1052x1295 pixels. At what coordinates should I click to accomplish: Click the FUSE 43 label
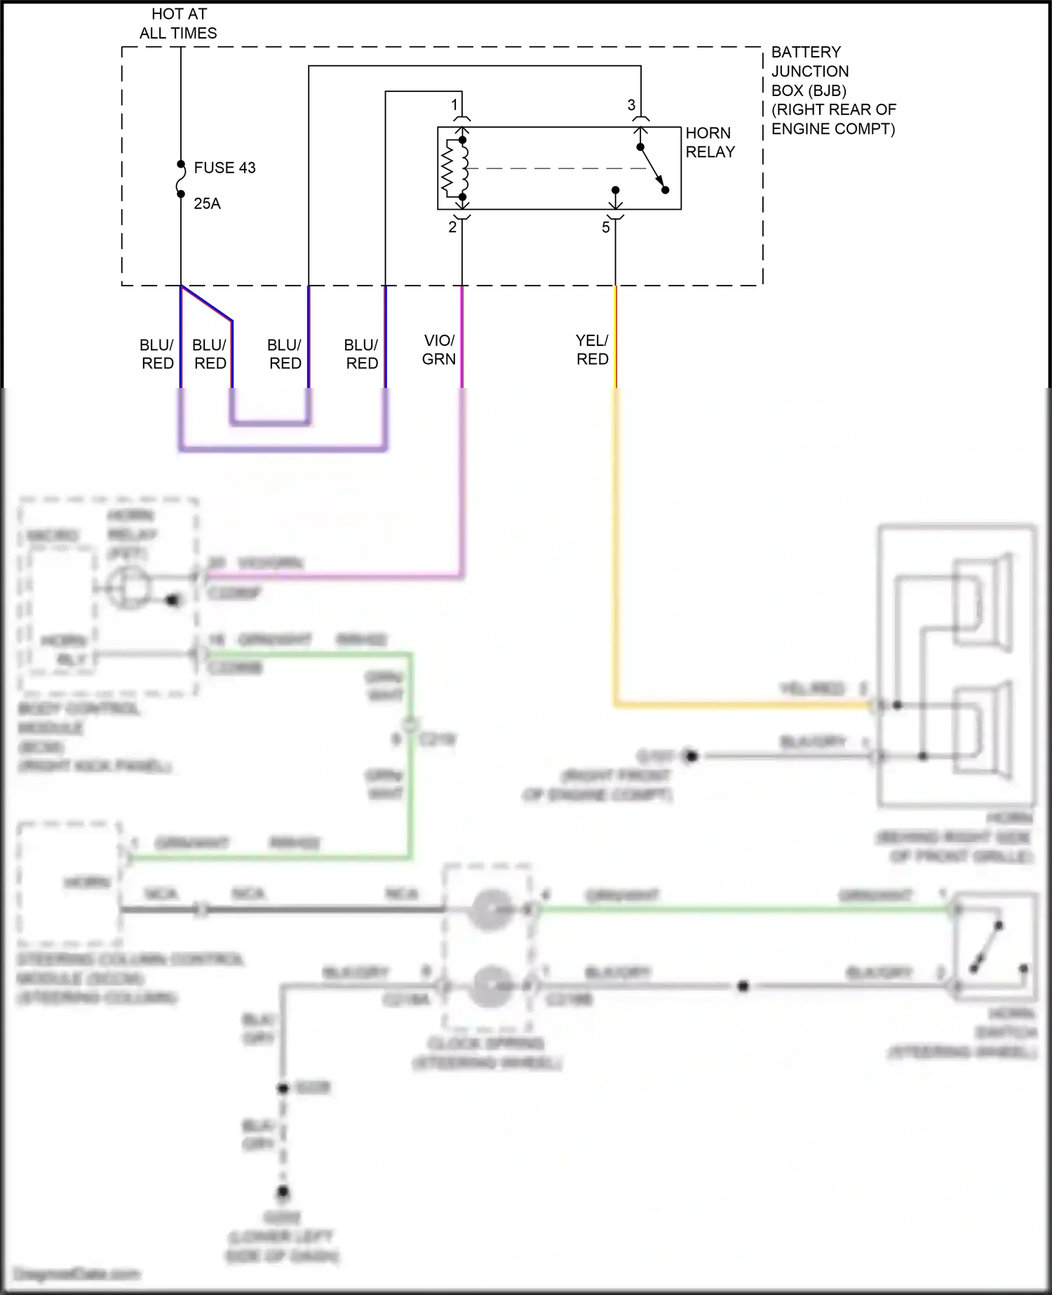point(224,168)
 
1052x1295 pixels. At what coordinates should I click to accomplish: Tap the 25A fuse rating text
point(207,203)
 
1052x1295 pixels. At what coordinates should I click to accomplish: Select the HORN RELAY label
point(710,142)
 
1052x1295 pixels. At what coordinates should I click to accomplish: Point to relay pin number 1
point(454,105)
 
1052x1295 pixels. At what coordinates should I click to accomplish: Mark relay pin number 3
point(631,105)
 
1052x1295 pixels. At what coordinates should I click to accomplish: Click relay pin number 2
point(452,227)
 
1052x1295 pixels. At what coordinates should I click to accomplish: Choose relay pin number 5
point(606,228)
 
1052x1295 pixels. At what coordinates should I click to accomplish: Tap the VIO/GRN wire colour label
point(439,349)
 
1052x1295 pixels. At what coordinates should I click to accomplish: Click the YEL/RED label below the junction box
point(592,349)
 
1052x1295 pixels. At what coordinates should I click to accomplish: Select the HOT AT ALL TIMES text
point(178,23)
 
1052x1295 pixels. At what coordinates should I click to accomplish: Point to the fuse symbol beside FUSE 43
point(181,179)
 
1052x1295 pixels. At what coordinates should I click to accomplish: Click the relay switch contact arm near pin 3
point(652,168)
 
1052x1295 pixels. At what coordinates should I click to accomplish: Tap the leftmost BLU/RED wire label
point(157,354)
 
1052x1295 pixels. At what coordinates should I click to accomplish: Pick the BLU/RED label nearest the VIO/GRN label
point(362,354)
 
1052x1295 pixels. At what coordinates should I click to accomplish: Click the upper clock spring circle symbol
point(489,910)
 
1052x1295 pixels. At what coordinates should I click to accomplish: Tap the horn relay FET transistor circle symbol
point(128,588)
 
